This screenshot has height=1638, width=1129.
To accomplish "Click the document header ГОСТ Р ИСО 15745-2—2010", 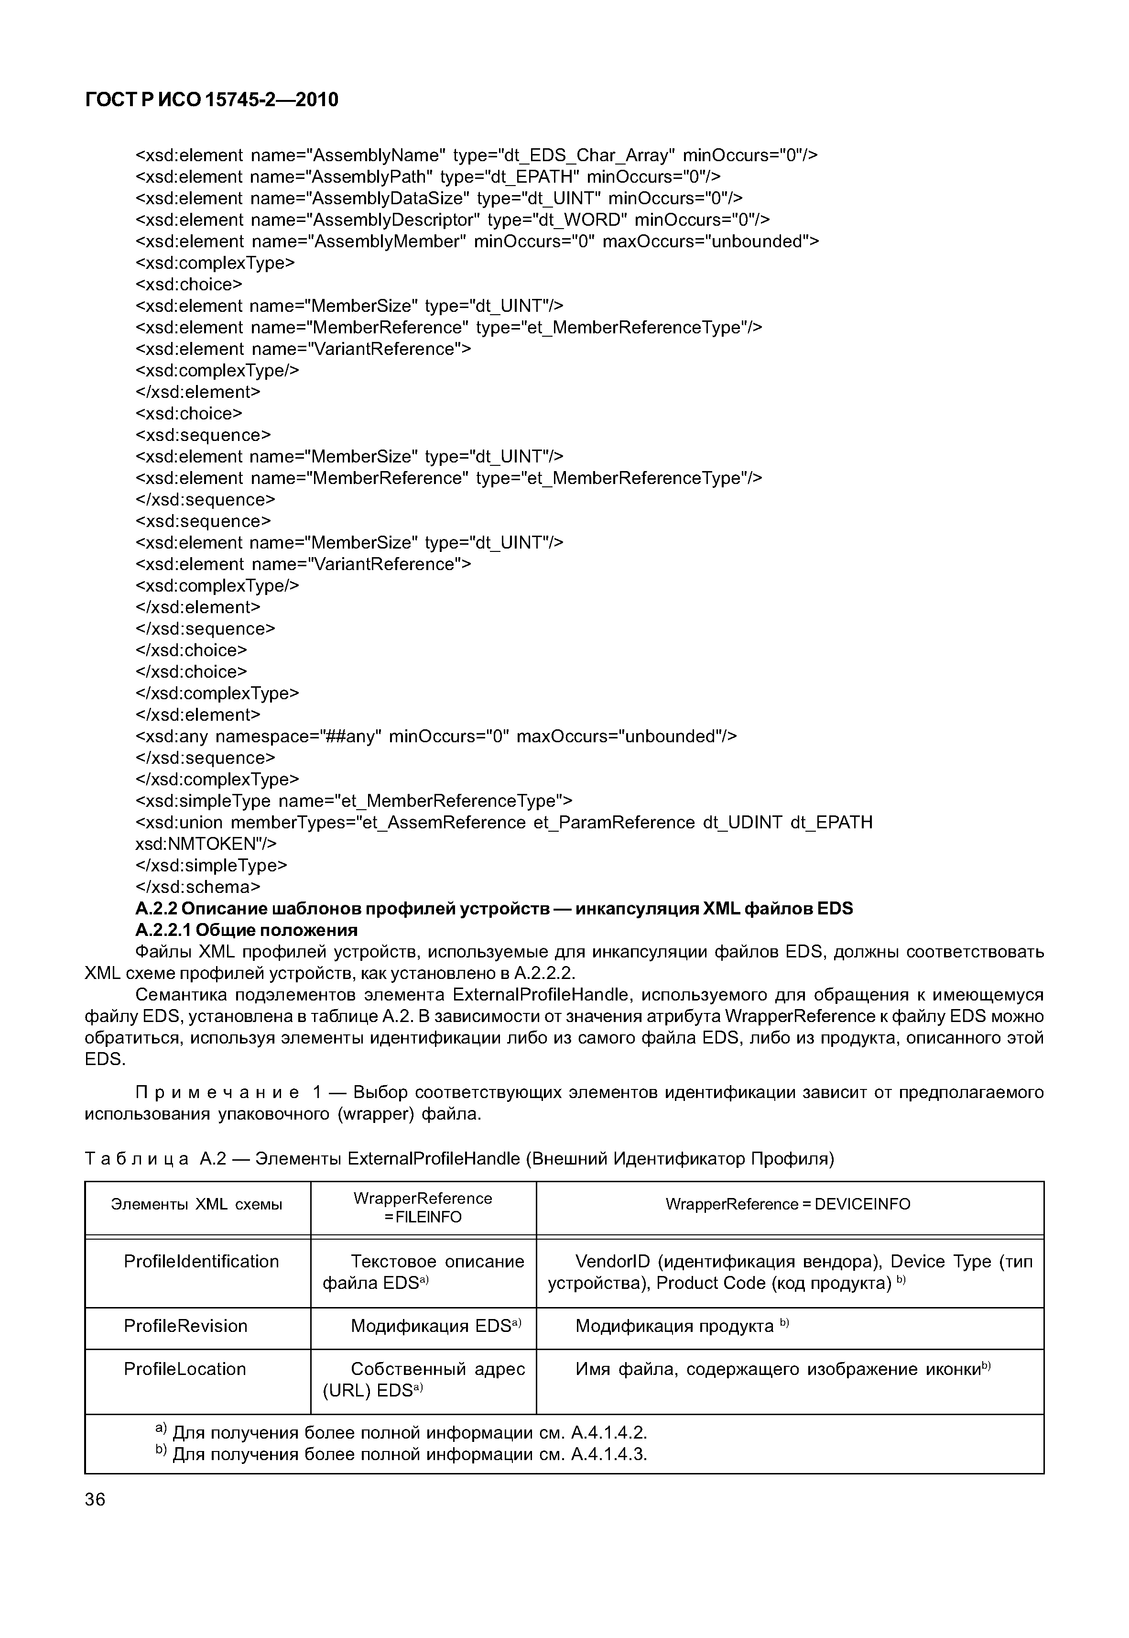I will tap(212, 100).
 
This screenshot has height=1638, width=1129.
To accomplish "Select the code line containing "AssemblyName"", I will tap(476, 155).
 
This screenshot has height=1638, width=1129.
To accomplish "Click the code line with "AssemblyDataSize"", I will tap(439, 198).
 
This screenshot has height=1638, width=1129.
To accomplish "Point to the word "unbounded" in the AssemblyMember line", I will tap(759, 242).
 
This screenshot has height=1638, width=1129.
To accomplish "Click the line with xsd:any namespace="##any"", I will tap(436, 736).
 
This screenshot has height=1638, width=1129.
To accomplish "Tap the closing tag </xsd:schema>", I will tap(197, 887).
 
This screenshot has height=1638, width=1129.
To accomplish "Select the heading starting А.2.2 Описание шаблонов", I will tap(494, 908).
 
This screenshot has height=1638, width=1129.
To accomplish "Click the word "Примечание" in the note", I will tap(216, 1092).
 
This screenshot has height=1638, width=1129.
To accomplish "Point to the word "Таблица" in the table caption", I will tap(137, 1159).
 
